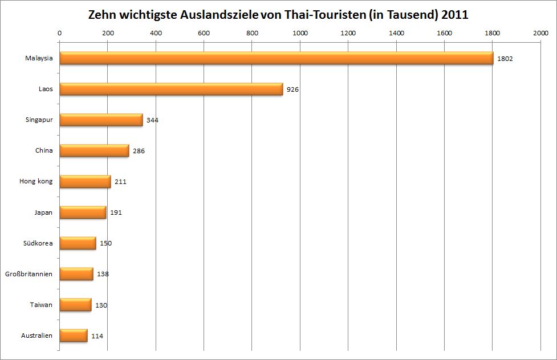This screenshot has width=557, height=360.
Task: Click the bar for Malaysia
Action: click(276, 58)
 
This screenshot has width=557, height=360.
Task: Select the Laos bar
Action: click(171, 89)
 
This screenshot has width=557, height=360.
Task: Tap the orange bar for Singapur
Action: click(101, 120)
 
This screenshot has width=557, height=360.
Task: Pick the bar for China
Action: click(94, 150)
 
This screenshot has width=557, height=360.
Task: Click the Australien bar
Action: click(74, 336)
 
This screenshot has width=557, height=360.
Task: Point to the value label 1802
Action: click(505, 59)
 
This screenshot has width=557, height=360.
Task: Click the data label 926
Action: click(293, 89)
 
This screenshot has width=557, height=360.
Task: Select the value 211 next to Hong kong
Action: click(120, 182)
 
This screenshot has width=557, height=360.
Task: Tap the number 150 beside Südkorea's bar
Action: click(105, 243)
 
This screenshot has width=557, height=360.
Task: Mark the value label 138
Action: click(103, 274)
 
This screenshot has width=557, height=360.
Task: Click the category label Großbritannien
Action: click(29, 274)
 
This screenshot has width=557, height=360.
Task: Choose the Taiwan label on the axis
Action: click(41, 305)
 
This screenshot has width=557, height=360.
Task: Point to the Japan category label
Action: click(43, 212)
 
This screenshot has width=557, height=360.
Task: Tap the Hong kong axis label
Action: click(36, 182)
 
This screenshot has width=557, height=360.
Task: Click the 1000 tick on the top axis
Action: click(300, 33)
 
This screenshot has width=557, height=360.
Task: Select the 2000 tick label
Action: click(540, 33)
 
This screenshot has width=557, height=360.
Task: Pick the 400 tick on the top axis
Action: click(156, 33)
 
